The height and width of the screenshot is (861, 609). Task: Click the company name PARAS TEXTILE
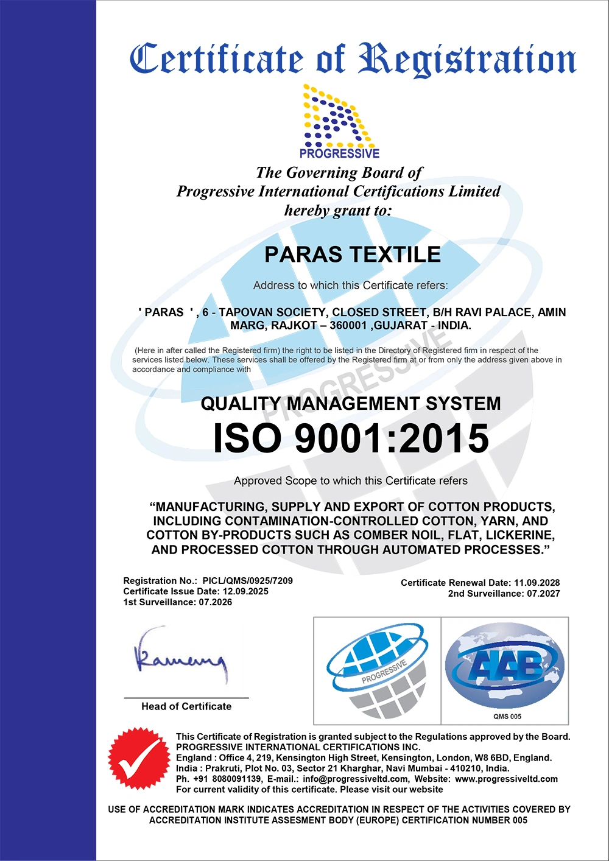(x=352, y=255)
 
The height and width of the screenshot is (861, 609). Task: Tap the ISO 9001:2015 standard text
(x=351, y=438)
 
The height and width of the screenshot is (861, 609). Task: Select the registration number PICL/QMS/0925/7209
(x=247, y=581)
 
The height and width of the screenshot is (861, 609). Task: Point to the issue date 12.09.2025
(x=245, y=591)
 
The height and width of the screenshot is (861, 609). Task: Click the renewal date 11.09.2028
(x=537, y=583)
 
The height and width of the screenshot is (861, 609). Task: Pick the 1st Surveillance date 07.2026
(x=215, y=602)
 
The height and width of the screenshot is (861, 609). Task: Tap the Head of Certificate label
(x=186, y=706)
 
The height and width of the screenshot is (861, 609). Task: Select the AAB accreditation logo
(x=505, y=666)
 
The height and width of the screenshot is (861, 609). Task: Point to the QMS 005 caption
(x=507, y=716)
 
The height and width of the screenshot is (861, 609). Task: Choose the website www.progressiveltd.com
(x=506, y=779)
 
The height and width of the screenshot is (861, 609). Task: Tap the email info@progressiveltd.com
(x=356, y=779)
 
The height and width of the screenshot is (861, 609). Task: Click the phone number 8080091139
(x=237, y=779)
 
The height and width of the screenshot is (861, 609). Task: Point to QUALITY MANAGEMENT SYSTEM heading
(x=351, y=404)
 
